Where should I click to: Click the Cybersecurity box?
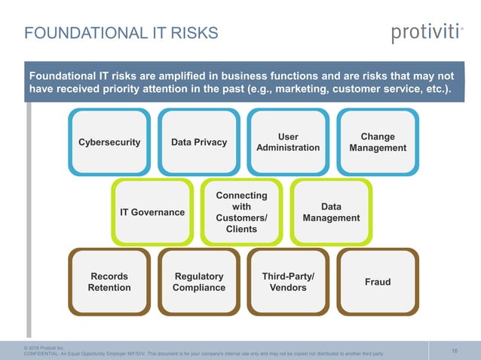click(x=109, y=142)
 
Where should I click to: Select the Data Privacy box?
click(x=199, y=142)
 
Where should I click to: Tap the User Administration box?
click(x=288, y=142)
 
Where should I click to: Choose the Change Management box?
click(x=378, y=142)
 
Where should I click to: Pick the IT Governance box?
click(x=152, y=212)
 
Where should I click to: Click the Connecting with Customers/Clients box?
click(x=241, y=212)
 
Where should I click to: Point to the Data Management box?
click(x=331, y=212)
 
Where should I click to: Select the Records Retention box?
click(x=109, y=282)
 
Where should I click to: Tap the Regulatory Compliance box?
click(x=199, y=282)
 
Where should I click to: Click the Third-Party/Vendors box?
click(x=288, y=282)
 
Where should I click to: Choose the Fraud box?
click(x=378, y=282)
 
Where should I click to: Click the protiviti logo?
click(x=426, y=33)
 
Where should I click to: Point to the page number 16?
click(x=455, y=350)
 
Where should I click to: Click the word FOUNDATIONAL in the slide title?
click(x=72, y=33)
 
